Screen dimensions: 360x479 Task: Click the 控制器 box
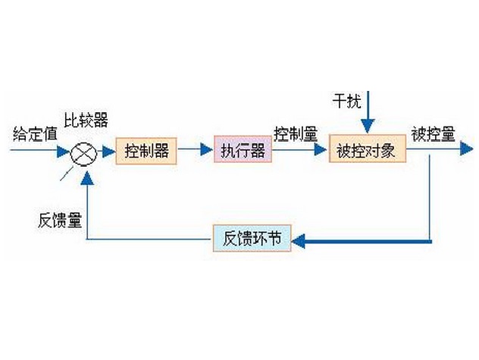pos(146,151)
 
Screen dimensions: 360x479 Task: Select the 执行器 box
pos(242,151)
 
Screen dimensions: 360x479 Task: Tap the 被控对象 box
pos(367,151)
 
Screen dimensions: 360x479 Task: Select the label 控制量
pos(296,135)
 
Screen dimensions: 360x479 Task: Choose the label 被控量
pos(432,135)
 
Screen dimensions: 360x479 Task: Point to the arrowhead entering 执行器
pos(206,151)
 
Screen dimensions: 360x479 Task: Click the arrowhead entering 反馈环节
pos(298,241)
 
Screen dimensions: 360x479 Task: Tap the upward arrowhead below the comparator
pos(89,177)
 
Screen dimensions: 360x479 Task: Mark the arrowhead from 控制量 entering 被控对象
pos(322,151)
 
